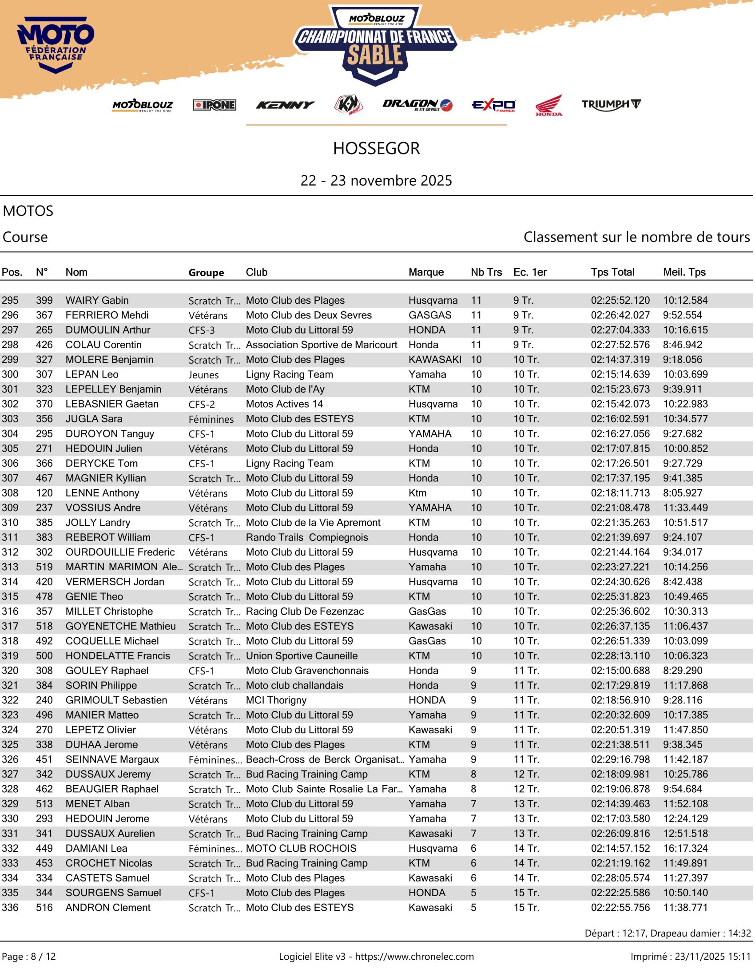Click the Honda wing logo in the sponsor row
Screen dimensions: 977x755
(x=549, y=106)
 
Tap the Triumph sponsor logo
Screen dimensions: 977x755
(x=612, y=105)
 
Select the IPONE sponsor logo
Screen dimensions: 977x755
(x=215, y=105)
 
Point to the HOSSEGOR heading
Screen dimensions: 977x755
(x=377, y=148)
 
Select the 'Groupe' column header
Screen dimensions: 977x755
(x=206, y=273)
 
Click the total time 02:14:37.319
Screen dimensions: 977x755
(x=621, y=360)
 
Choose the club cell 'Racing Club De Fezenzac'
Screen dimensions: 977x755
(x=305, y=612)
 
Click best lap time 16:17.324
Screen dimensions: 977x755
(x=686, y=849)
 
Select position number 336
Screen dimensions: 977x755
(x=10, y=908)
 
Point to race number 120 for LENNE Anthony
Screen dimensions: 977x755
(x=44, y=493)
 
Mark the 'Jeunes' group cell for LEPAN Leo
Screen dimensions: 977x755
(x=203, y=375)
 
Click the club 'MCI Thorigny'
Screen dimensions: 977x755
(x=276, y=700)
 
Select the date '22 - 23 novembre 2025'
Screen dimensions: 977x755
(x=377, y=181)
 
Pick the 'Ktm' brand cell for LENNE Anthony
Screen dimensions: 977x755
(x=418, y=493)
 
